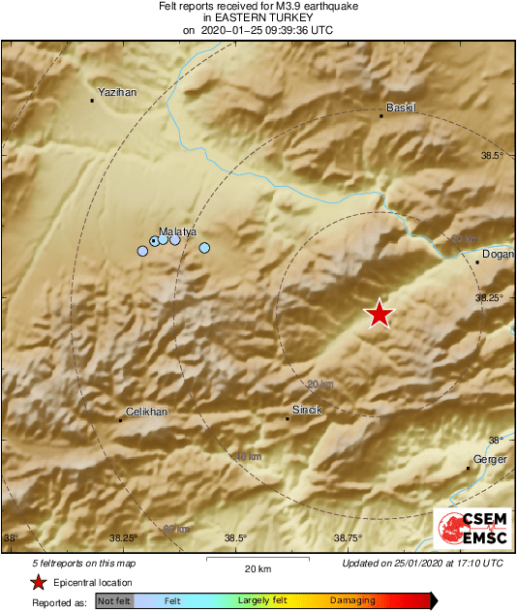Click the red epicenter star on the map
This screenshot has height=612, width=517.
[x=380, y=314]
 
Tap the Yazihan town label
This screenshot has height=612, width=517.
[x=118, y=92]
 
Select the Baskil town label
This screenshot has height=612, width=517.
[x=401, y=107]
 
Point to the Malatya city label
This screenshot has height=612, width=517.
[x=178, y=231]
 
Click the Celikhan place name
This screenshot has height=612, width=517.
[x=147, y=412]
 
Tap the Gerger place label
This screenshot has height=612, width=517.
[x=490, y=460]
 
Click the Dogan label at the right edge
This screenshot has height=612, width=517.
[x=497, y=254]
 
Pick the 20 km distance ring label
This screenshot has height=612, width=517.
[x=319, y=384]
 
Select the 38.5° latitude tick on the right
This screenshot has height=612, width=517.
[x=493, y=155]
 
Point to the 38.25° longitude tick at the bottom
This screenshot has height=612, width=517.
[x=123, y=538]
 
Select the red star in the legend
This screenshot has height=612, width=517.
[x=38, y=582]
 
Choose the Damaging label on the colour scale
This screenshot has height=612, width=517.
[x=353, y=601]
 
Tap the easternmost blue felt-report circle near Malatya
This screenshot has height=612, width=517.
[x=204, y=248]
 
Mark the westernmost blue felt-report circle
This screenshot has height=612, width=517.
[x=142, y=251]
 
